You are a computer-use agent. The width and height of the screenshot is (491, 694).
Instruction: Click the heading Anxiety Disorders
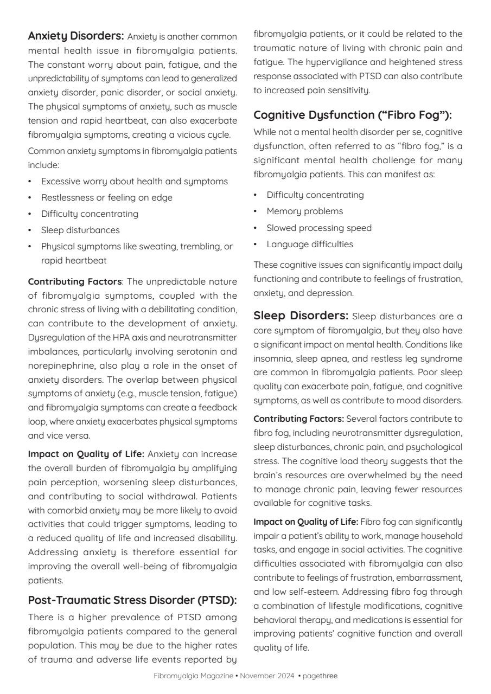tap(76, 36)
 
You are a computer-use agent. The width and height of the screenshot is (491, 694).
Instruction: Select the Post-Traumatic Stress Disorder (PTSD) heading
tap(132, 600)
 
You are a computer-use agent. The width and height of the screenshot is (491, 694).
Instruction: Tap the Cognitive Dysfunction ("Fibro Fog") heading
tap(353, 115)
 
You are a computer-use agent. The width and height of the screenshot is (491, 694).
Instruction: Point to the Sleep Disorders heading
tap(301, 316)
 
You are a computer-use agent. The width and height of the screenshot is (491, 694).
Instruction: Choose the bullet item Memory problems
tap(304, 211)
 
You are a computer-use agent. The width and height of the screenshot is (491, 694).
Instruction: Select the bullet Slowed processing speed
tap(318, 228)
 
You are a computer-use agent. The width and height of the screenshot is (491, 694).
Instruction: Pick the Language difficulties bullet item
tap(309, 245)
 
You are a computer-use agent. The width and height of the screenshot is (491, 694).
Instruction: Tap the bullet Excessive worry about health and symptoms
tap(134, 182)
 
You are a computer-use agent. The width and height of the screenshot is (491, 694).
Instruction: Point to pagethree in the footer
tap(320, 676)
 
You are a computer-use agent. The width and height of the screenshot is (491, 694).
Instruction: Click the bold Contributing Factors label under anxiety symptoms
tap(74, 282)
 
